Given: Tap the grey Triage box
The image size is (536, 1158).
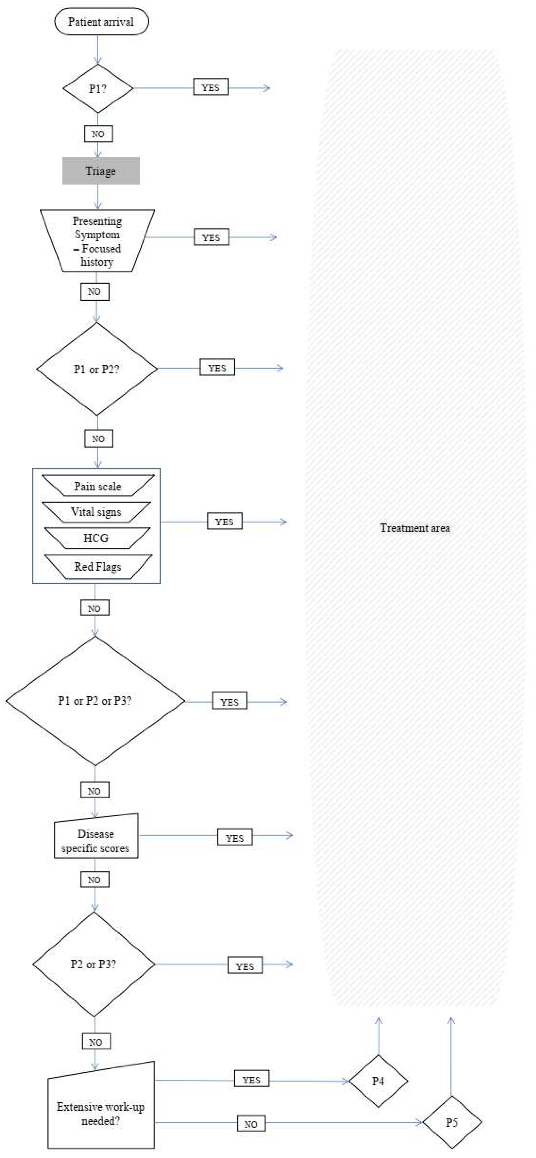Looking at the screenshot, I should point(101,171).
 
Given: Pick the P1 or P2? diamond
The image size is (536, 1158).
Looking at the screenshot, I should point(97,369).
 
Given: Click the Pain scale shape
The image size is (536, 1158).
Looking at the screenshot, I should point(98,486).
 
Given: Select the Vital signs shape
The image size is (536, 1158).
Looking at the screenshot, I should point(96,512).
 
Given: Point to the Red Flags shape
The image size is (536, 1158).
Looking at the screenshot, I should point(98,566).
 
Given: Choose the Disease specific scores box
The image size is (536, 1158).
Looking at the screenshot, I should point(96,841).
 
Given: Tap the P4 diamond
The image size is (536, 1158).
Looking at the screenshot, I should point(378,1081).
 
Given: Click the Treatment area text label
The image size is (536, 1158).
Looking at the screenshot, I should point(415,528).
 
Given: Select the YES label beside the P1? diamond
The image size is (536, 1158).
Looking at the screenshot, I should point(211,87).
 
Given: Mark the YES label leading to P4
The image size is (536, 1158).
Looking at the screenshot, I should point(251,1079).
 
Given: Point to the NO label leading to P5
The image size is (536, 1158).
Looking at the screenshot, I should point(251,1124).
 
